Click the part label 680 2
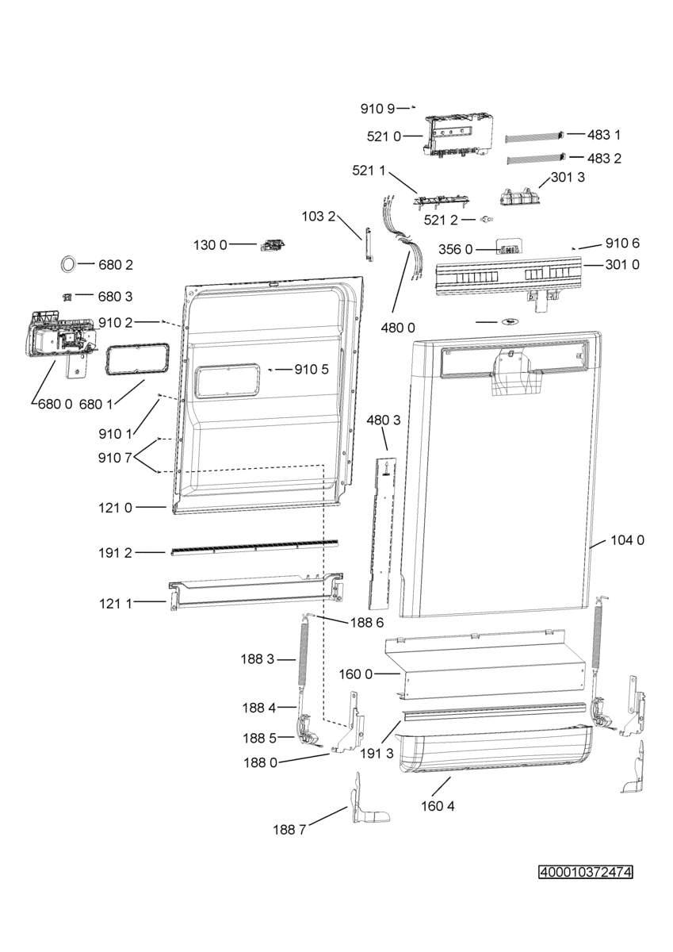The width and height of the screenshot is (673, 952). coord(116,263)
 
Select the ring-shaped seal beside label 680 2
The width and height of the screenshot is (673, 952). coord(68,263)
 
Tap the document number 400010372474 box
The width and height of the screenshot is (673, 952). coord(585,873)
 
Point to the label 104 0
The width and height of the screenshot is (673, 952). coord(628,540)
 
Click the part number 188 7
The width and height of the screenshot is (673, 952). coord(289,830)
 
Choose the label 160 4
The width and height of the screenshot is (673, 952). coord(439,806)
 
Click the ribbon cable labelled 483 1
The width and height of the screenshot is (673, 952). coord(535,136)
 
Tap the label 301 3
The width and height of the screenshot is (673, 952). coord(568,178)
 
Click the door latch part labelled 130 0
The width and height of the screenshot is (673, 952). coord(271,244)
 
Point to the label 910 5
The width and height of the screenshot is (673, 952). coord(312,369)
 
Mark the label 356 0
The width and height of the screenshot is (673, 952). coord(456,249)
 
